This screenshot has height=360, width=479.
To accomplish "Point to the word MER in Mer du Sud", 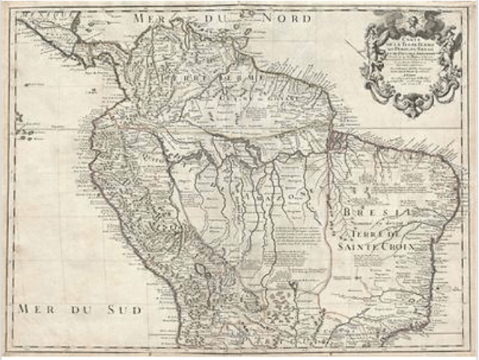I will point(34,308).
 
